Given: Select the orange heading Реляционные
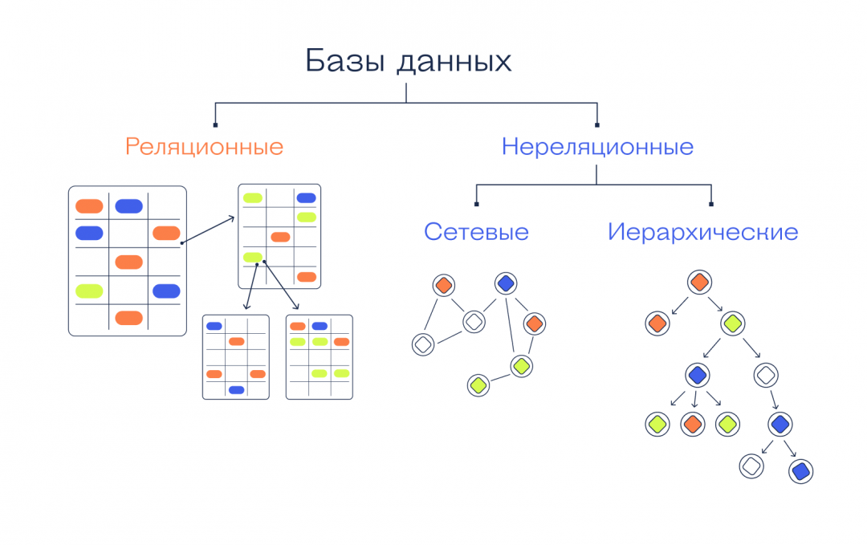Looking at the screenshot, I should tap(204, 147).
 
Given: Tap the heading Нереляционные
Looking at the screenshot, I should tap(597, 147).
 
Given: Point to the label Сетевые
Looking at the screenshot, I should tap(476, 232).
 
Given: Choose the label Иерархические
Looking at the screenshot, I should tap(702, 232).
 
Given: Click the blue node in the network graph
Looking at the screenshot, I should tap(506, 283).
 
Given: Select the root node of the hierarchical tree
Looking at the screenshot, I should tap(699, 282).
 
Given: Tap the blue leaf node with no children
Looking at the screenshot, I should tap(800, 470).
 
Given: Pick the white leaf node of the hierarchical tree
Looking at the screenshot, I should tap(751, 466).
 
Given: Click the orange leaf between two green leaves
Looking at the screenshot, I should tap(693, 423).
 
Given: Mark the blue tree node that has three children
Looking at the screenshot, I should tap(698, 374).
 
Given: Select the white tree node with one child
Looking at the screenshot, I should tap(766, 374).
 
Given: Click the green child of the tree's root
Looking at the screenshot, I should tap(731, 323).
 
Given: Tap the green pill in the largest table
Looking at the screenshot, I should tap(89, 291).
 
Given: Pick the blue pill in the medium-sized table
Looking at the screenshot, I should tap(306, 197).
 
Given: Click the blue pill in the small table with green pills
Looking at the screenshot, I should tap(320, 326).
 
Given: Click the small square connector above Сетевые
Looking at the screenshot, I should tap(477, 205).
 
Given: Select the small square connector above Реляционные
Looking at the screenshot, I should tap(215, 124).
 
